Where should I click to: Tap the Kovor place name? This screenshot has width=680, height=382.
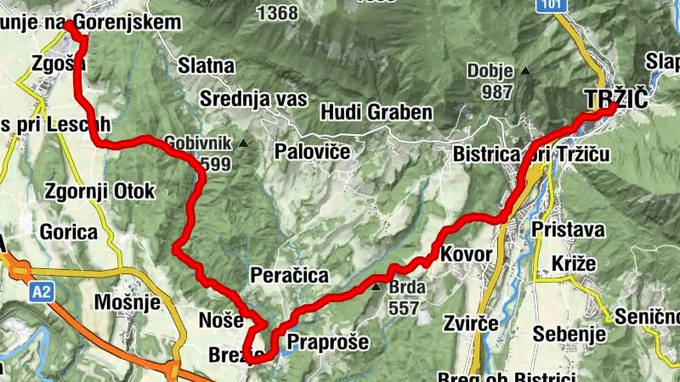(x=467, y=254)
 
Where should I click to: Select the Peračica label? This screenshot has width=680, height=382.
(x=289, y=275)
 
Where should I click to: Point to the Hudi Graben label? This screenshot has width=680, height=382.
(x=377, y=112)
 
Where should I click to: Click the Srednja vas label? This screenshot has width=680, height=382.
(x=252, y=98)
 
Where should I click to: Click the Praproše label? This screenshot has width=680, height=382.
(x=327, y=343)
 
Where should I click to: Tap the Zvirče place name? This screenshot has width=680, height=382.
(x=469, y=323)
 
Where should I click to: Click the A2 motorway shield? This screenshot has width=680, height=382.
(x=40, y=293)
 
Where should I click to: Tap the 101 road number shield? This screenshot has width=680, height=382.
(x=555, y=6)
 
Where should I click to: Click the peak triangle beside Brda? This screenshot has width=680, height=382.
(x=377, y=287)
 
